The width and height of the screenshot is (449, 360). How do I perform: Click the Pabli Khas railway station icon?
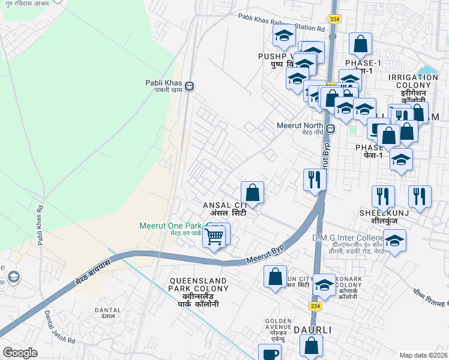click(189, 86)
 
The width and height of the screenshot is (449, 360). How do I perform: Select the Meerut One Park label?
click(170, 226)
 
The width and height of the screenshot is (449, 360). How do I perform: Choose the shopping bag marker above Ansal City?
click(253, 193)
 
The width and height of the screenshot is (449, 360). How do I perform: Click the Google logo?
click(20, 352)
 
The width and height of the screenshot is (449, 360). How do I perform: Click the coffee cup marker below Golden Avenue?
click(269, 353)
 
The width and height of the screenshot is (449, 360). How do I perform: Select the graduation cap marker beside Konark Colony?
click(324, 285)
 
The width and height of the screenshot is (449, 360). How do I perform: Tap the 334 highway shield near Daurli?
click(315, 307)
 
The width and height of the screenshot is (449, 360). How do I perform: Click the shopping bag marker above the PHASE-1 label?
click(360, 43)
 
